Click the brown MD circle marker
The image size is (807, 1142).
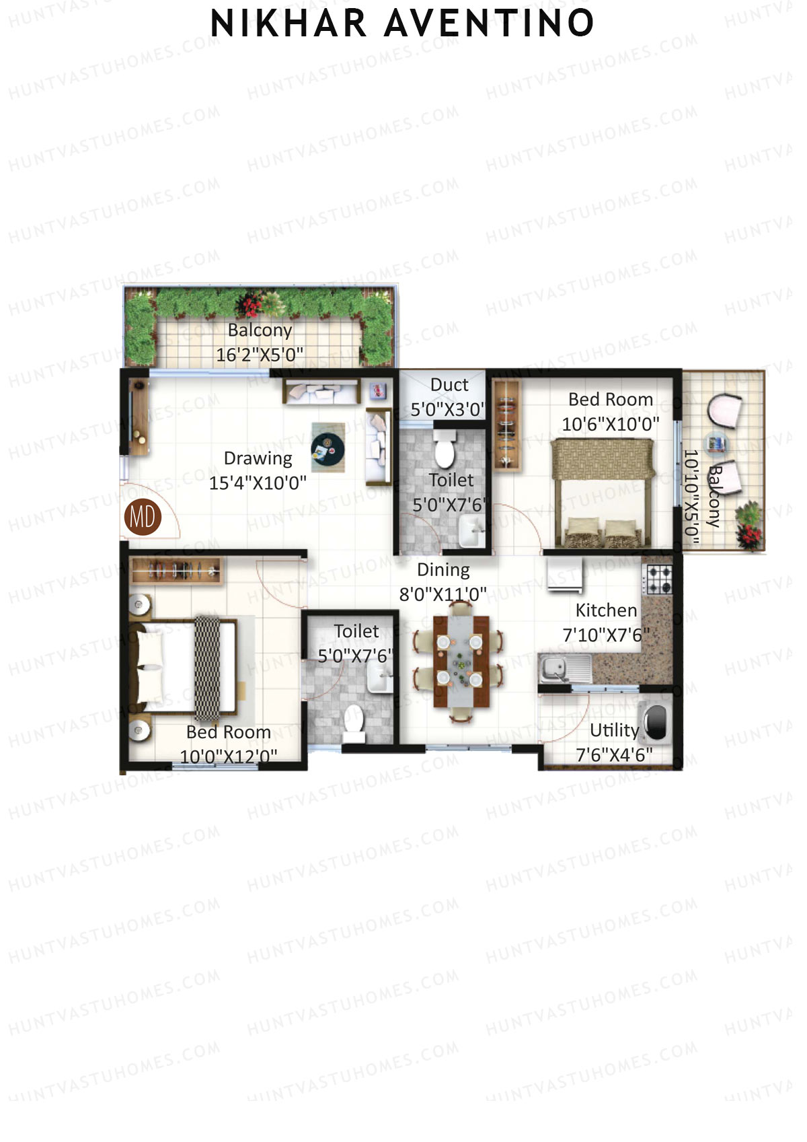[x=143, y=517]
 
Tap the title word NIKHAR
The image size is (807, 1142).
[x=289, y=24]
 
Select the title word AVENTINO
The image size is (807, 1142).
[x=490, y=24]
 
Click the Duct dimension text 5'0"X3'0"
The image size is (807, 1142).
[x=447, y=409]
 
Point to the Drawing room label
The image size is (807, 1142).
[x=258, y=458]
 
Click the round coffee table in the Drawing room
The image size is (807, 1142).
[x=328, y=447]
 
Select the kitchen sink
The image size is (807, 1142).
[x=555, y=668]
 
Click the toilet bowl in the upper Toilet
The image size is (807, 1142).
[x=444, y=449]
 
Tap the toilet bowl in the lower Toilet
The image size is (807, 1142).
[x=353, y=720]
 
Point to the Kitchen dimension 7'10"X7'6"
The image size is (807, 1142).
[x=606, y=635]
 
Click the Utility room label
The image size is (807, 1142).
[x=614, y=730]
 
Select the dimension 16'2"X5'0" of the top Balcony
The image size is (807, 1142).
[x=260, y=355]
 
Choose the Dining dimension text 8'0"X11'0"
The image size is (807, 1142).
[x=443, y=594]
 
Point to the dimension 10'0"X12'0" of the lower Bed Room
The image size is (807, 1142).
[x=229, y=756]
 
